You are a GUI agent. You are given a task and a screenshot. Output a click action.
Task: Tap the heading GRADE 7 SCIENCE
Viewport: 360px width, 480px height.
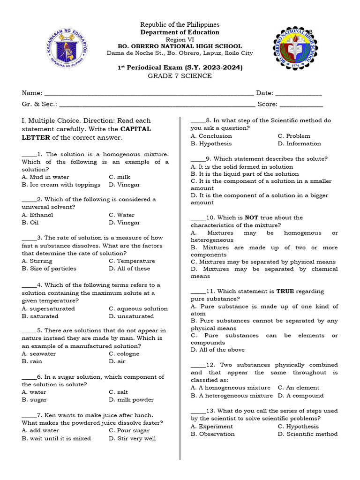coord(180,76)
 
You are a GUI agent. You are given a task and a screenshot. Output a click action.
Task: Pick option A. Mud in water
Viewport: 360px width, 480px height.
coord(45,177)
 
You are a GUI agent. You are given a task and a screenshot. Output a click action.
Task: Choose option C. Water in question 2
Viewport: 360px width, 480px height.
coord(121,215)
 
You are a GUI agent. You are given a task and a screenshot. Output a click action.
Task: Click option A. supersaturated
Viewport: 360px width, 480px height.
coord(48,309)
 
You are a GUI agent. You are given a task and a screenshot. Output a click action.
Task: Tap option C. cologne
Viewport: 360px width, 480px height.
coord(124,354)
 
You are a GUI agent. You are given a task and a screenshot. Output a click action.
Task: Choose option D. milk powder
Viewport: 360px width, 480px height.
coord(131,400)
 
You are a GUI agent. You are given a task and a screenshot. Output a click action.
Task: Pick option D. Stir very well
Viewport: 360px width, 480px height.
coord(132,439)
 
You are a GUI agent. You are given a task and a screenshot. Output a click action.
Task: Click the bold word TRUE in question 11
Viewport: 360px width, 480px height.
coord(285,292)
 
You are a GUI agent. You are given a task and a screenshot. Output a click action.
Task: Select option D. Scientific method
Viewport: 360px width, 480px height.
coord(307,434)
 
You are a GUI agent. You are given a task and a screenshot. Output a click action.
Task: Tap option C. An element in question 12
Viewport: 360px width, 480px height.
coord(299,388)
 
